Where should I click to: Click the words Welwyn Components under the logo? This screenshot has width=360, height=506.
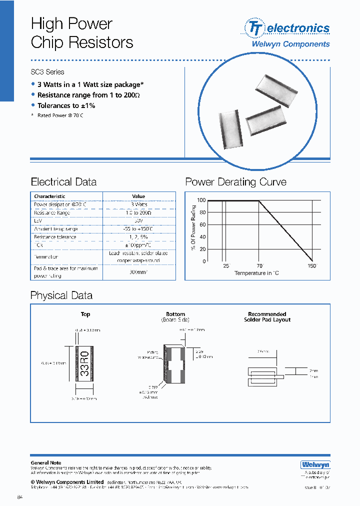tap(290, 44)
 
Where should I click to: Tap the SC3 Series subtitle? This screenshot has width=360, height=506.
tap(47, 72)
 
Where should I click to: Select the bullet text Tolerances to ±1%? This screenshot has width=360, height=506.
tap(66, 105)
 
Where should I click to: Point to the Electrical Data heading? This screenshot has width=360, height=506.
tap(63, 182)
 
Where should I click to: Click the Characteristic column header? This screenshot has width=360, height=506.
tap(49, 196)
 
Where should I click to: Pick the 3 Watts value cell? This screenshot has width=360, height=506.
tap(138, 204)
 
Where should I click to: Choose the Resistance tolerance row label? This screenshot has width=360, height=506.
tap(55, 237)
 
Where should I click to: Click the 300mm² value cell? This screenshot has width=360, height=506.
tap(138, 272)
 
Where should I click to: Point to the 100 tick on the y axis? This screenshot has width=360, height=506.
tap(201, 200)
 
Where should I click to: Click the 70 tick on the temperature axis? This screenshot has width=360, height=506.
tap(259, 266)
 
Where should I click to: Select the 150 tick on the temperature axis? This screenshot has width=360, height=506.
tap(312, 266)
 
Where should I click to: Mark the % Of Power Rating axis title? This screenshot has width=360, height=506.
tap(192, 227)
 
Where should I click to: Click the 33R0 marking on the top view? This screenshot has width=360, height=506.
tap(84, 363)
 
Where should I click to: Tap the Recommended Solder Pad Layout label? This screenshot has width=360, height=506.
tap(267, 317)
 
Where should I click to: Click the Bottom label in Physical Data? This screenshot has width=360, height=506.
tap(175, 314)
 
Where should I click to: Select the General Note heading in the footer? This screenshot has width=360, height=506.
tap(46, 463)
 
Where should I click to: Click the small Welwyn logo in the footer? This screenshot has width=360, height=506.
tap(315, 465)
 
